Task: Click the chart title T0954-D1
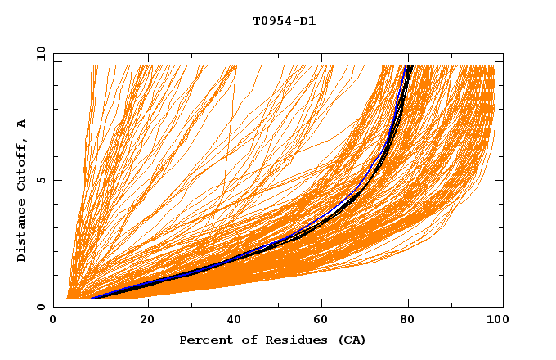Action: pos(284,21)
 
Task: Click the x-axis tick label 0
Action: pos(53,321)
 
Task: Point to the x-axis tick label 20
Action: pos(147,321)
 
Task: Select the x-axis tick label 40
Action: pos(235,321)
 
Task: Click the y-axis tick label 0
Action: pos(40,307)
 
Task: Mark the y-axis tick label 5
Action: pos(40,180)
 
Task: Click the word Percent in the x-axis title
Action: pos(203,340)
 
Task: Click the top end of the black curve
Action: pos(410,66)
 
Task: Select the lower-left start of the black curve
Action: pos(91,299)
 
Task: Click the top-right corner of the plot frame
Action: pos(503,53)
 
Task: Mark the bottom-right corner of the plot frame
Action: pos(503,307)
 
